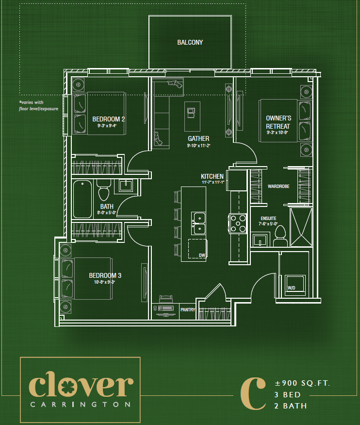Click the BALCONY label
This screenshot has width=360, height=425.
click(x=190, y=43)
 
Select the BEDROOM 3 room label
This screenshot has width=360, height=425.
click(x=105, y=275)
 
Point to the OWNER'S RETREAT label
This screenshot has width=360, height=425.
click(x=278, y=122)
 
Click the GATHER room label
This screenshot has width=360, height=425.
click(x=198, y=138)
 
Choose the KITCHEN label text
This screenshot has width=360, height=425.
click(x=213, y=176)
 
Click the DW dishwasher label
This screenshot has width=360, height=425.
click(x=201, y=255)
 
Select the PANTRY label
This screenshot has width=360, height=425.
click(x=187, y=309)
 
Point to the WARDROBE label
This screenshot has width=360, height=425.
click(x=278, y=186)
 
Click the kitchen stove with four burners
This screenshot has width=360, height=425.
click(x=238, y=223)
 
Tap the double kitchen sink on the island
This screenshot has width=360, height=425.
click(x=199, y=223)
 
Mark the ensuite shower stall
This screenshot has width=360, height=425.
click(x=302, y=227)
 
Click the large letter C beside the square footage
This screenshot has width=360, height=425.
click(x=253, y=393)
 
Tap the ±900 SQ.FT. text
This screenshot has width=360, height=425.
click(x=302, y=384)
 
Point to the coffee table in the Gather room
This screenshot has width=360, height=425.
click(x=193, y=116)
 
